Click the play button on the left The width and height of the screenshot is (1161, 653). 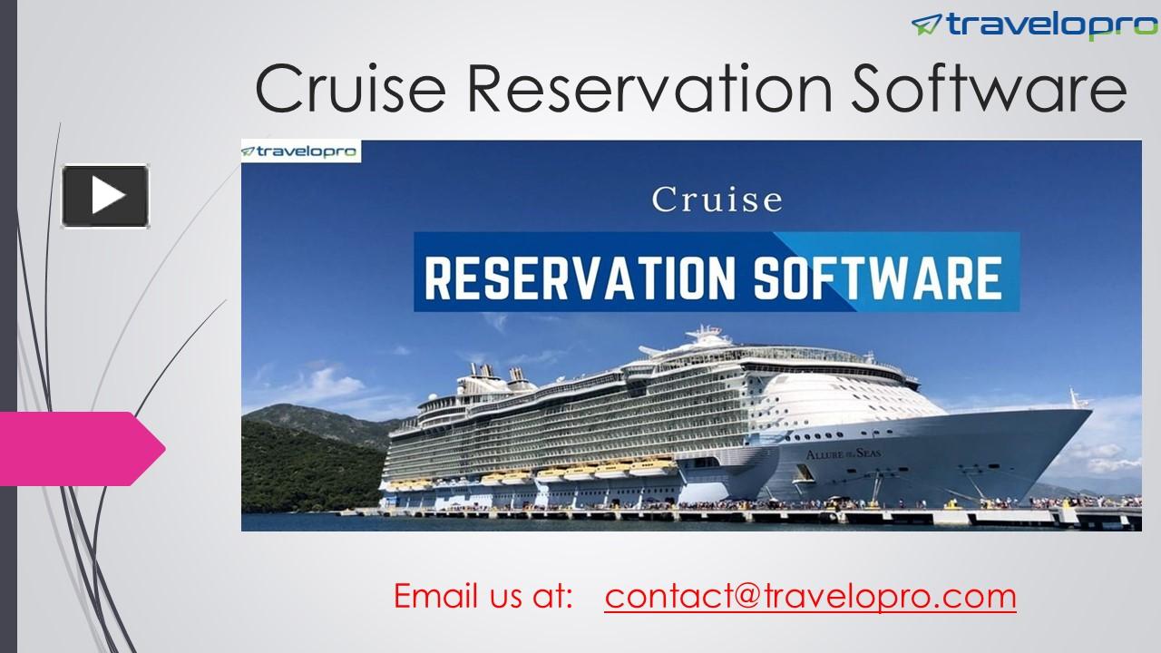point(105,195)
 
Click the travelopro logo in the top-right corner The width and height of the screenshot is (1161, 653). point(1034,24)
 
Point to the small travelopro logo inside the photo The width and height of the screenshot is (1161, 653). point(300,151)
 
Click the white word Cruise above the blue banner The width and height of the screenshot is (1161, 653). point(717,200)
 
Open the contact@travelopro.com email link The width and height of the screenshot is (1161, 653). point(810,596)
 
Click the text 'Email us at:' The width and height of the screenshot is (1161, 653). point(483,596)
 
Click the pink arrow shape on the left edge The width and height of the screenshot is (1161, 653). point(82,448)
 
